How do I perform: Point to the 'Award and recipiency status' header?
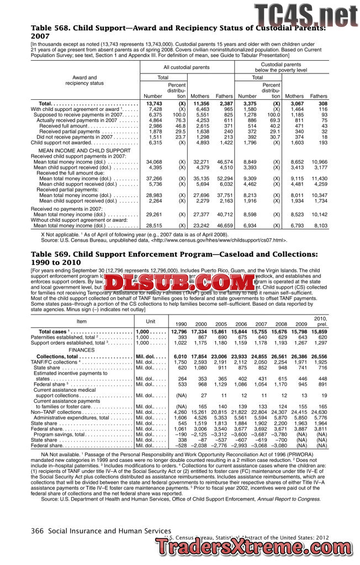[x=84, y=81]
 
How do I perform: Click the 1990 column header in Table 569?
[x=180, y=324]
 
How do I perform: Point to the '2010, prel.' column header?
[x=320, y=321]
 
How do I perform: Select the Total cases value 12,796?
[x=179, y=331]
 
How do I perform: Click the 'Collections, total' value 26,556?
[x=319, y=357]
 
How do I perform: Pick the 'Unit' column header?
[x=150, y=321]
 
